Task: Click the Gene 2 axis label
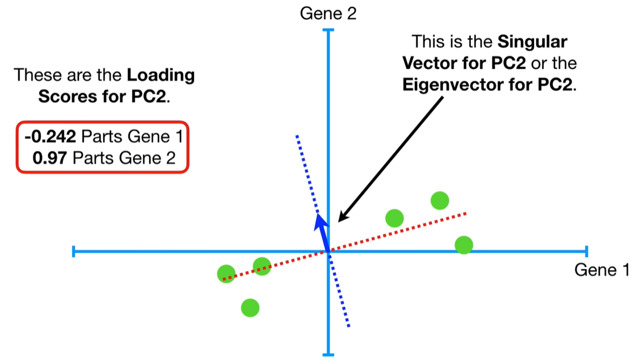[x=328, y=13]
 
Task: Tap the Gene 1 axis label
[x=602, y=270]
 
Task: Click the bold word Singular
[x=532, y=42]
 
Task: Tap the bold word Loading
[x=161, y=75]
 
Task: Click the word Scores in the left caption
[x=61, y=96]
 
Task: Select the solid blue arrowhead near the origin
[x=319, y=222]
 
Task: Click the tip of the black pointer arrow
[x=339, y=221]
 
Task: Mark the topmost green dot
[x=440, y=200]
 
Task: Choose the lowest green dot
[x=250, y=308]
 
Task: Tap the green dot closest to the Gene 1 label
[x=464, y=244]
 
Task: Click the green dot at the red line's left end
[x=226, y=273]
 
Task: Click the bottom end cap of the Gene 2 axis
[x=328, y=354]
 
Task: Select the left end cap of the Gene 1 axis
[x=74, y=251]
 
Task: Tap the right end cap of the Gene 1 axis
[x=586, y=251]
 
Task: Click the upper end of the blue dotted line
[x=297, y=136]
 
